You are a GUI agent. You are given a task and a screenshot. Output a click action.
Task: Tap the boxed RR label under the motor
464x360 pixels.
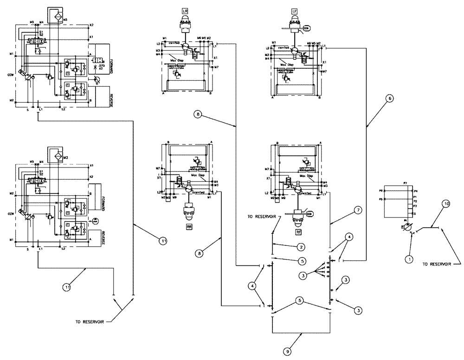189,227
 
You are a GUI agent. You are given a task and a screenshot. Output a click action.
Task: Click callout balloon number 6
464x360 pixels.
390,98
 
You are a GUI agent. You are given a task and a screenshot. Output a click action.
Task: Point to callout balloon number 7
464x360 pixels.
358,210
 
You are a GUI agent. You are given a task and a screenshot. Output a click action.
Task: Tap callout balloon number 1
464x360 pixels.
409,260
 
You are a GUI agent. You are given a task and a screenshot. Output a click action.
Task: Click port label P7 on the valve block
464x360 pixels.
405,184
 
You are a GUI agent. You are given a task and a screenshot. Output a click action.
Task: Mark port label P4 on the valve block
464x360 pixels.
416,191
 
